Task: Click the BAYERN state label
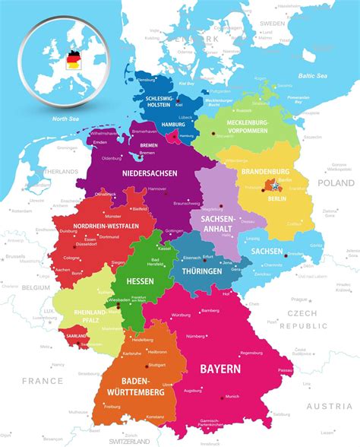coord(220,369)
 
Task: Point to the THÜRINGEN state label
coord(196,271)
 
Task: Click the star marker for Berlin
coord(272,185)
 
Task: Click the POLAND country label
coord(335,183)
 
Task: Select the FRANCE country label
coord(43,380)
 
